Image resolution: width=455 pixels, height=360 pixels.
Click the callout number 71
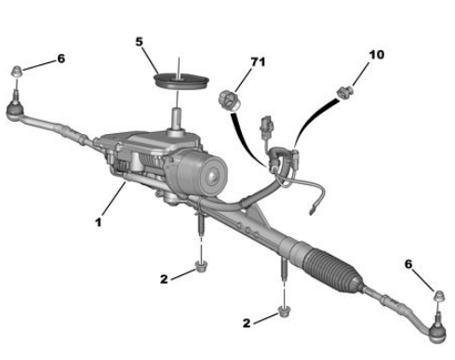tap(258, 62)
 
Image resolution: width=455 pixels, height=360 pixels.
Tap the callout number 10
tap(377, 55)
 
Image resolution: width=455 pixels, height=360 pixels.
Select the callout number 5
tap(140, 42)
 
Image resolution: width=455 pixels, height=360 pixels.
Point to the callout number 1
tap(99, 222)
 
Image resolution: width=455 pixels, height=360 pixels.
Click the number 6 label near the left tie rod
tap(61, 59)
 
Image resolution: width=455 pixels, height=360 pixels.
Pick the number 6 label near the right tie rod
tap(408, 264)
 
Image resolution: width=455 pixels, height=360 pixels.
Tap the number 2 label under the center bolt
tap(164, 279)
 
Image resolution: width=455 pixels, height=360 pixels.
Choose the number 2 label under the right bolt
tap(247, 323)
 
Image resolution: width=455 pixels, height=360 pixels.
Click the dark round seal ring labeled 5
tap(181, 81)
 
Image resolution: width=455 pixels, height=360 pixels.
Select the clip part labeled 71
tap(229, 100)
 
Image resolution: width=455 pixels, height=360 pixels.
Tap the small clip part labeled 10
tap(345, 92)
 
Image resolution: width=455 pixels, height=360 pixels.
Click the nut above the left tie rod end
tap(17, 73)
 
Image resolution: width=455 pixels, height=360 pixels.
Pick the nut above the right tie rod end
tap(439, 296)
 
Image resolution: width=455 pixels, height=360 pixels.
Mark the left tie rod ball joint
tap(15, 109)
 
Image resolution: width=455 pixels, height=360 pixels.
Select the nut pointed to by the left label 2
tap(201, 267)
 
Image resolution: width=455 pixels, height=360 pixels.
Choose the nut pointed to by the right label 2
tap(283, 312)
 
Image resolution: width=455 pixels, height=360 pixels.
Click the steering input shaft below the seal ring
tap(177, 120)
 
